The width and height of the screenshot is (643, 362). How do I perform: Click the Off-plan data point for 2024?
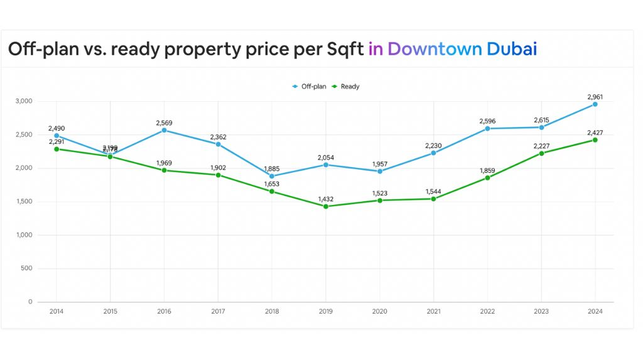595,104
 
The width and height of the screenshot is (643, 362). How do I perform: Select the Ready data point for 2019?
325,206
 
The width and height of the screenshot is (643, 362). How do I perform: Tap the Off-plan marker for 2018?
271,176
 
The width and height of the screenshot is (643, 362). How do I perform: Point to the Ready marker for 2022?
487,178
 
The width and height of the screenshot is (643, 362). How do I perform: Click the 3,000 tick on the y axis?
24,101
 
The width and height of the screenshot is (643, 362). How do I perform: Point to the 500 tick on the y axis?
27,268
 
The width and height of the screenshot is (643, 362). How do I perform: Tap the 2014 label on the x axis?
57,311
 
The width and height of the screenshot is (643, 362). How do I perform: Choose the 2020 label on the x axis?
379,311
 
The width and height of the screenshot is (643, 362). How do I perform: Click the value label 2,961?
595,97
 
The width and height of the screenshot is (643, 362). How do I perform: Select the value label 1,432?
325,199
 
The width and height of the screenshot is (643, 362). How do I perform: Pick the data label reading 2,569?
164,123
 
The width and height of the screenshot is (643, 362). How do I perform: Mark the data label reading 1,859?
487,170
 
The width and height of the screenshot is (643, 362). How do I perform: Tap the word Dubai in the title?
512,49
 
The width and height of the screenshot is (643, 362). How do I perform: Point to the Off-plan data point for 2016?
164,130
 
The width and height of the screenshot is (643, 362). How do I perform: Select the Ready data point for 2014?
57,149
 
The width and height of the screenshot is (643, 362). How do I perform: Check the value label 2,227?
541,146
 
